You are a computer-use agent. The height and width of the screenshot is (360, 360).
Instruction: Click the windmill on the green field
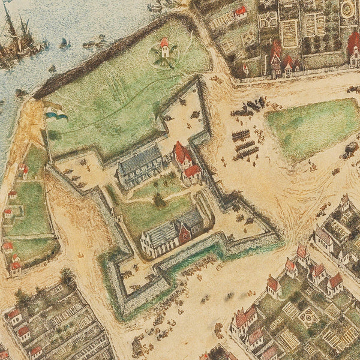tap(165, 48)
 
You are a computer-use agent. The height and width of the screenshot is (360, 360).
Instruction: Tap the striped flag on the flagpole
tap(57, 113)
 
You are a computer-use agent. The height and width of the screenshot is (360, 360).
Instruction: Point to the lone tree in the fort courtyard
tap(159, 199)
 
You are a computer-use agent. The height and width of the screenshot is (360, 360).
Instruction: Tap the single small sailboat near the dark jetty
tap(64, 43)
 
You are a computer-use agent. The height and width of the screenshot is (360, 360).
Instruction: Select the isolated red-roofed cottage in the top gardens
tap(241, 11)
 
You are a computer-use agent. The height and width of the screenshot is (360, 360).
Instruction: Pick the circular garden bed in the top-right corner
tap(347, 9)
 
